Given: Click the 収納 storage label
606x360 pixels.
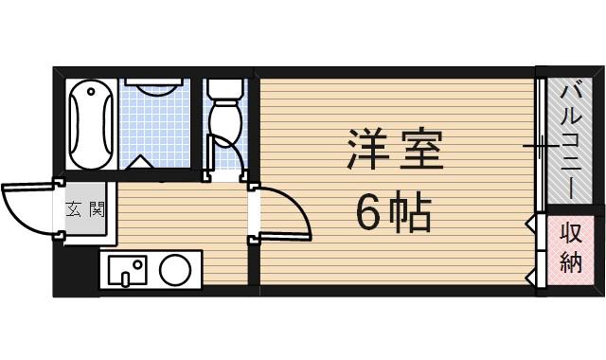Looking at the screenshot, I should (570, 248).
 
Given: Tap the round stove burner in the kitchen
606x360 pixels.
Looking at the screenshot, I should (176, 271).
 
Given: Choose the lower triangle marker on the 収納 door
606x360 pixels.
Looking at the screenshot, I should (530, 276).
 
